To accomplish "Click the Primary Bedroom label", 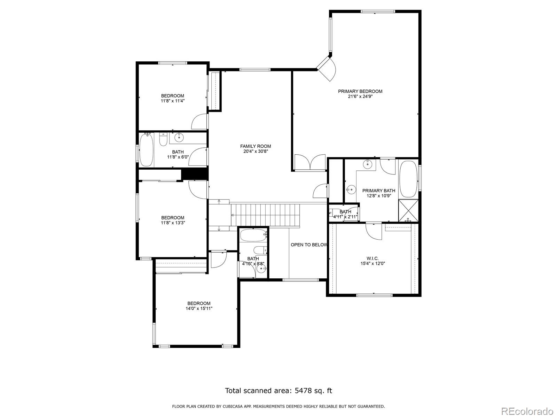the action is point(360,91).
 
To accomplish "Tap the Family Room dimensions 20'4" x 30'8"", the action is point(255,152).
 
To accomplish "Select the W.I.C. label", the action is point(372,258).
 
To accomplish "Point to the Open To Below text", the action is point(309,245).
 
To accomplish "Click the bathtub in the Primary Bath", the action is point(408,179).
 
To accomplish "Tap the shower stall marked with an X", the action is point(408,211).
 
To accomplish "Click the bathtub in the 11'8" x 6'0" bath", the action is point(147,150).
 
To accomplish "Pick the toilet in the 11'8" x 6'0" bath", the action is point(163,140).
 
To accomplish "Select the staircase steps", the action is point(265,215).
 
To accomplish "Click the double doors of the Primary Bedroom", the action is point(310,162).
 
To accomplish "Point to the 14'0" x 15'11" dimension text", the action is point(199,309).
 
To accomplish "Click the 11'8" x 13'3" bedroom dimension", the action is point(173,223).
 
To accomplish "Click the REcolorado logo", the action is point(528,411).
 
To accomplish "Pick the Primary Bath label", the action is point(379,191).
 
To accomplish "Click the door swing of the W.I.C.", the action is point(374,231).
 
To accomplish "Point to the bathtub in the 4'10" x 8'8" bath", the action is point(253,235).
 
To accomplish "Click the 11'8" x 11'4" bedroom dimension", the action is point(173,101).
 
